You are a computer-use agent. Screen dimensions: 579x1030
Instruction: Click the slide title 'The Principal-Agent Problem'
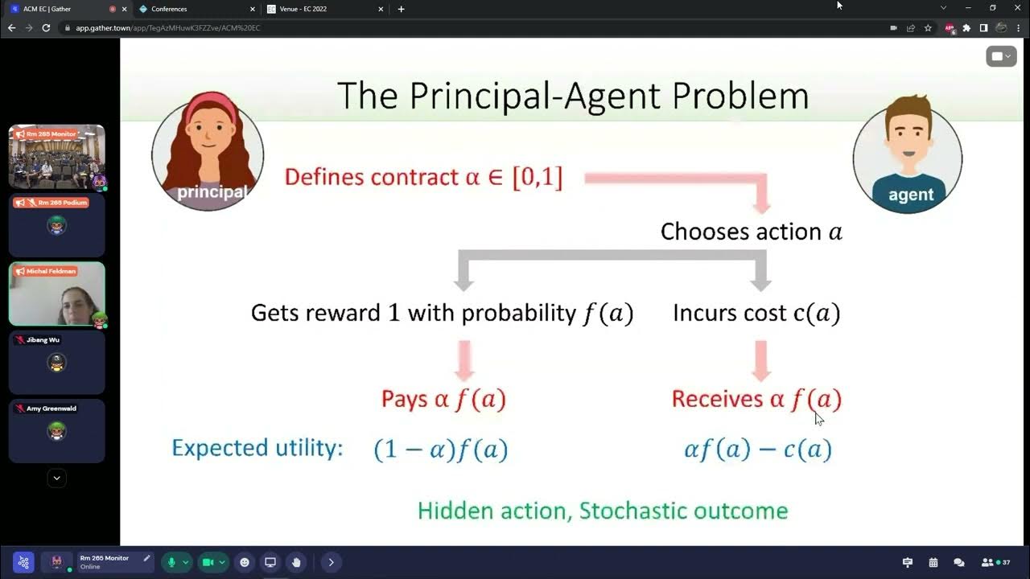coord(572,96)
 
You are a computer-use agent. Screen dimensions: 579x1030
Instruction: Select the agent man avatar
coord(908,158)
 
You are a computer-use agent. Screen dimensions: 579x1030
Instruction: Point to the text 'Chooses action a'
coord(751,232)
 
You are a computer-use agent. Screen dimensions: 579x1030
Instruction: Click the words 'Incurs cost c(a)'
coord(756,313)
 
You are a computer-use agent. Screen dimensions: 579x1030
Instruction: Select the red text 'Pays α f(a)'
coord(443,399)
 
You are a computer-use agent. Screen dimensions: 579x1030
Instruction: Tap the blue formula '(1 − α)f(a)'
coord(441,449)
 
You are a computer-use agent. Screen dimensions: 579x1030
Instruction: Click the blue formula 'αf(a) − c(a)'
coord(757,449)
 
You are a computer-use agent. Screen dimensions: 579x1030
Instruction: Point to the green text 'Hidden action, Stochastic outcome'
coord(603,511)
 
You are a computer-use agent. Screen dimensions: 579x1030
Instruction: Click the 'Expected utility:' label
coord(257,448)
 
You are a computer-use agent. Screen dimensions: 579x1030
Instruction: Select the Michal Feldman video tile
coord(57,294)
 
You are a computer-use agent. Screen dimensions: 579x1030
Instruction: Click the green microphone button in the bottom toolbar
coord(171,562)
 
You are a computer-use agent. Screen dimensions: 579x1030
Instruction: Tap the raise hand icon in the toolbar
coord(296,562)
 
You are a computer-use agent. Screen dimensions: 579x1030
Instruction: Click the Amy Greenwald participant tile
coord(57,431)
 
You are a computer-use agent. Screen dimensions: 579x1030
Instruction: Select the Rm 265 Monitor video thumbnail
coord(57,157)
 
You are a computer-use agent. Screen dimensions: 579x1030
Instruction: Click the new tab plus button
coord(401,9)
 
